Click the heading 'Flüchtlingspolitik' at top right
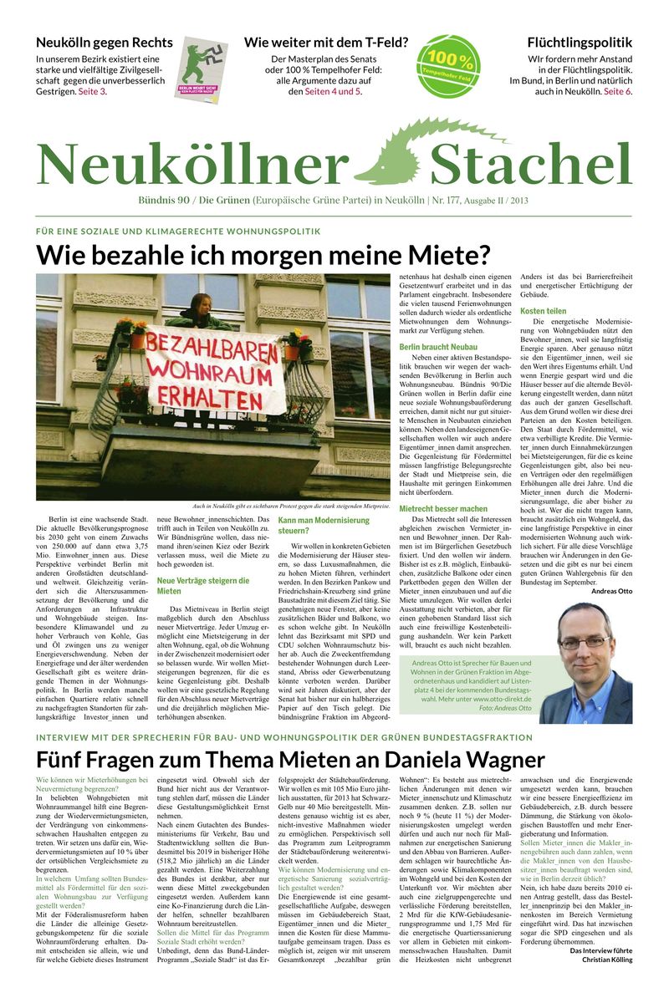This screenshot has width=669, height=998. [x=579, y=43]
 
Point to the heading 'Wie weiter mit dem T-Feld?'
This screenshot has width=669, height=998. [x=325, y=43]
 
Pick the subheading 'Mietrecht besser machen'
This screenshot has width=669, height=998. [x=443, y=508]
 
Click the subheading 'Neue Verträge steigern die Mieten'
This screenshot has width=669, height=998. [x=202, y=585]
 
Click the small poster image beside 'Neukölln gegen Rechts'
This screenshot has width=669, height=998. [x=201, y=69]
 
